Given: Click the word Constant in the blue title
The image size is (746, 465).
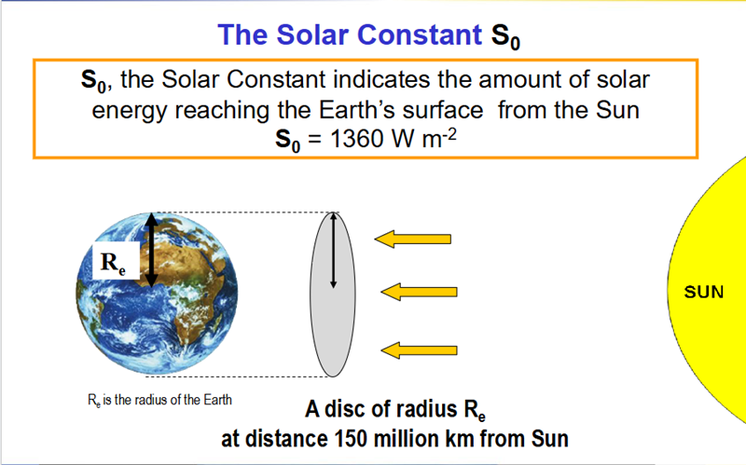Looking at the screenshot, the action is pos(419,34).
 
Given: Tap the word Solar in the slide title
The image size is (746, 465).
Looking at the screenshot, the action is pos(313,34).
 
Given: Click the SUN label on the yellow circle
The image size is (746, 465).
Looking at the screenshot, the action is pos(704,292).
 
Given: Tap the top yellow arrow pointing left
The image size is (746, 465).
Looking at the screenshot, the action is pos(413,239).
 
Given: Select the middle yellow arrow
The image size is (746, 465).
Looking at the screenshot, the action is pos(419,292).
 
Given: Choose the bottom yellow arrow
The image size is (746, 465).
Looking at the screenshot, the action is pos(419,350).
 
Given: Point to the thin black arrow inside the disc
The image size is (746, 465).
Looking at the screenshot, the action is pos(333,250).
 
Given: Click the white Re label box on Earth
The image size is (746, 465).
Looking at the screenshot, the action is pos(116,261).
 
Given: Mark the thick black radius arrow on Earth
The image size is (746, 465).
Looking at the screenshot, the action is pos(151,250).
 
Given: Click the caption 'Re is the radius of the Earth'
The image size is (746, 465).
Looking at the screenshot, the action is pos(159,400).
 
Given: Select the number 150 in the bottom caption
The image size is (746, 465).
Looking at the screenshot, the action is pos(352,438).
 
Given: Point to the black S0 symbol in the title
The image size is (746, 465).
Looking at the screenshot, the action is pos(505,36).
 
